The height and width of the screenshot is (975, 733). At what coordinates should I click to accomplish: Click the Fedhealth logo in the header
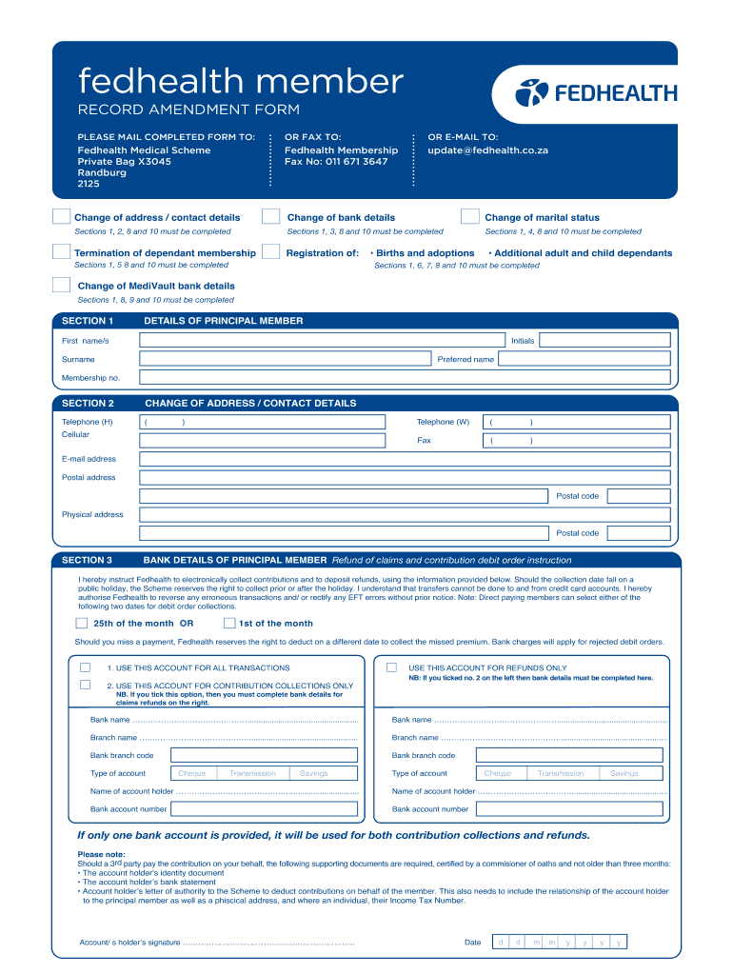(x=596, y=92)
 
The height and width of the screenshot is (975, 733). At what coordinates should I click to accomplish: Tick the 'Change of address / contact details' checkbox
(x=61, y=217)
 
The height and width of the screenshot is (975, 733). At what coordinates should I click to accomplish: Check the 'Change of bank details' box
(x=271, y=217)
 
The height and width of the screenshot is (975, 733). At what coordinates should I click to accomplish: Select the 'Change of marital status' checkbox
(x=469, y=217)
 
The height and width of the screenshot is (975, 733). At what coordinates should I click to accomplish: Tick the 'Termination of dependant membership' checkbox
(x=61, y=252)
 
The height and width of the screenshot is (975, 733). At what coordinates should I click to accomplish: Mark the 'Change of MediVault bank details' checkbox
(x=61, y=285)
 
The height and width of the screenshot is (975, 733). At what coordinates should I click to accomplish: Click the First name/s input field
(x=323, y=341)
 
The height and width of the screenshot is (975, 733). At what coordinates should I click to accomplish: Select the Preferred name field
(x=584, y=360)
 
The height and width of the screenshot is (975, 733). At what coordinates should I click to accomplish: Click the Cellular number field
(x=262, y=440)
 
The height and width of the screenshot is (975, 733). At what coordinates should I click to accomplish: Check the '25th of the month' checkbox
(x=81, y=624)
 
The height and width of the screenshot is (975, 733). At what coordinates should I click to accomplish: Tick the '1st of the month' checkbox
(x=229, y=624)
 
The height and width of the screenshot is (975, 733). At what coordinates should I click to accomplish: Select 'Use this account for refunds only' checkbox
(x=391, y=667)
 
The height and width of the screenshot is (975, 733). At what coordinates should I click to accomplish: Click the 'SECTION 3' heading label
(x=87, y=560)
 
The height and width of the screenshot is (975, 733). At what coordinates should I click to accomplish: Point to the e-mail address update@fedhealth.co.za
(x=487, y=150)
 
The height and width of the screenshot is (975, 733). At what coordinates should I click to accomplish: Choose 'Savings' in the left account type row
(x=314, y=774)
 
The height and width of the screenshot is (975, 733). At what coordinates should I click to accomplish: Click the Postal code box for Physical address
(x=638, y=533)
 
